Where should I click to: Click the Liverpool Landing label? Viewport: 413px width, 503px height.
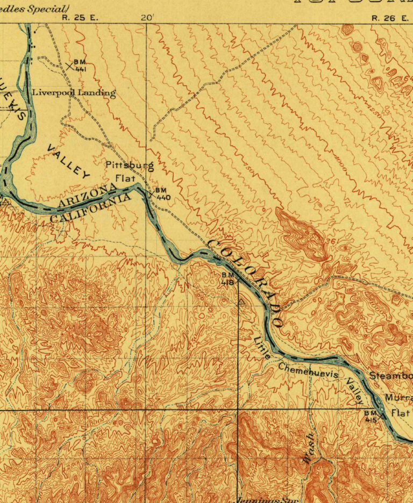click(x=74, y=92)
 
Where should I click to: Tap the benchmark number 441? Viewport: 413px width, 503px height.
click(x=80, y=69)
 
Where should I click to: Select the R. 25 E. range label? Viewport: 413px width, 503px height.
click(x=81, y=17)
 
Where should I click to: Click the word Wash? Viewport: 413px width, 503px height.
click(x=309, y=447)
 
